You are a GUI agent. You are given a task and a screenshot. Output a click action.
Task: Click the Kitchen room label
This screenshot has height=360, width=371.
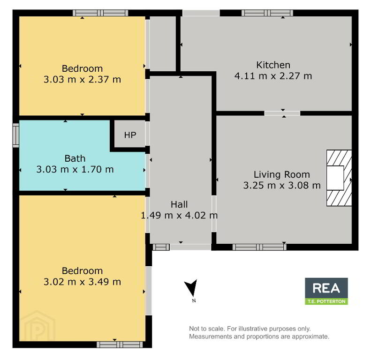pyautogui.click(x=273, y=65)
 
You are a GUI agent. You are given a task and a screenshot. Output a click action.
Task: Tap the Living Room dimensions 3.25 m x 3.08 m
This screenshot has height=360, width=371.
pyautogui.click(x=282, y=186)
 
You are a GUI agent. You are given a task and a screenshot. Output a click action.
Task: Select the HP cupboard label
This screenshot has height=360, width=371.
pyautogui.click(x=130, y=135)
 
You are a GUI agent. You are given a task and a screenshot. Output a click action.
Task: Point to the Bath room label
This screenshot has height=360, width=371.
pyautogui.click(x=75, y=158)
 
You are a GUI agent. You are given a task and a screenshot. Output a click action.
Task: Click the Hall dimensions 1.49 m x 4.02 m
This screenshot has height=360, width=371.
pyautogui.click(x=179, y=216)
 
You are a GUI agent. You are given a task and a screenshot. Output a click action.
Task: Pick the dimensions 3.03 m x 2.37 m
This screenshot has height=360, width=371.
pyautogui.click(x=82, y=80)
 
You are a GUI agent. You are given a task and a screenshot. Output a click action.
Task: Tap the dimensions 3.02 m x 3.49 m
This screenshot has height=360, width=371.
pyautogui.click(x=82, y=282)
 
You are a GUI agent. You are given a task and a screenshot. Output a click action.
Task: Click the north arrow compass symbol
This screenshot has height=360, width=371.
pyautogui.click(x=192, y=288)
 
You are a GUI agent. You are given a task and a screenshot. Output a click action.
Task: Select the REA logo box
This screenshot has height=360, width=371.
pyautogui.click(x=326, y=291)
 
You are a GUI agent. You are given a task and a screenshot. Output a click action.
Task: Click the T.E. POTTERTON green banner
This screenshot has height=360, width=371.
pyautogui.click(x=326, y=301)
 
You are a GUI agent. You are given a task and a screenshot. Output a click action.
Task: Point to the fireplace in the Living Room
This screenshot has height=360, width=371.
pyautogui.click(x=339, y=178)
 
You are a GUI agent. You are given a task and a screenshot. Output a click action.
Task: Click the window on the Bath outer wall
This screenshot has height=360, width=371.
pyautogui.click(x=16, y=135)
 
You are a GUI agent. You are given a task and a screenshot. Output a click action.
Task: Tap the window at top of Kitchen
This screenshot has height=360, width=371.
pyautogui.click(x=267, y=13)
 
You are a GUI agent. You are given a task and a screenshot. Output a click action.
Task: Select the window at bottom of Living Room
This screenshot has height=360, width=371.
pyautogui.click(x=259, y=247)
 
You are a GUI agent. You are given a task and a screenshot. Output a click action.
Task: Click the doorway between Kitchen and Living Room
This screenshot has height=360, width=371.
pyautogui.click(x=282, y=113)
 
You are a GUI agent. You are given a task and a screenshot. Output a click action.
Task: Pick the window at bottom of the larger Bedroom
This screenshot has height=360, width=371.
pyautogui.click(x=120, y=345)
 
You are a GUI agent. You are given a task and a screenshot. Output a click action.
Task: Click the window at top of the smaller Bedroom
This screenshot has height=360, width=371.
pyautogui.click(x=100, y=13)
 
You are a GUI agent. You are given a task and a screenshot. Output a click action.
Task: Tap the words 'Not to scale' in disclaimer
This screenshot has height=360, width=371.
pyautogui.click(x=206, y=329)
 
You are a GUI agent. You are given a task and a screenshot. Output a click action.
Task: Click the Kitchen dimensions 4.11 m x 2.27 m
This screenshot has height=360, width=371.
pyautogui.click(x=273, y=76)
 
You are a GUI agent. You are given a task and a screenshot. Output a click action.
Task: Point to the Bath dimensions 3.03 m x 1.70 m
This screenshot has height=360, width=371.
pyautogui.click(x=75, y=170)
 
